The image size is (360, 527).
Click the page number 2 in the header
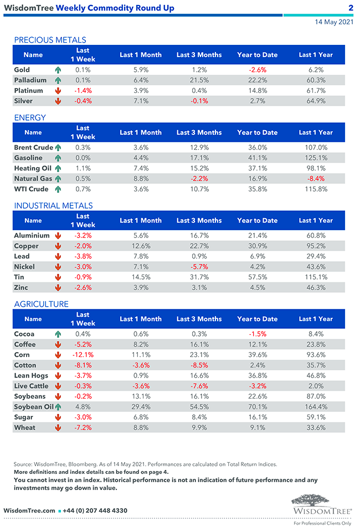tap(351, 8)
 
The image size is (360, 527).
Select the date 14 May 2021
tap(334, 22)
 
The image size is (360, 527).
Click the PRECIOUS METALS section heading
tap(50, 40)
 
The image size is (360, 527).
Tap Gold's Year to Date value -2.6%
tap(257, 70)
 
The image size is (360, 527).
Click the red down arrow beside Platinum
tap(58, 91)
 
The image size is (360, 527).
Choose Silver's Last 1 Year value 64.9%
tap(316, 101)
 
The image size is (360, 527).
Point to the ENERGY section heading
tap(30, 117)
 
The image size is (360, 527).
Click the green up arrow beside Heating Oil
tap(58, 168)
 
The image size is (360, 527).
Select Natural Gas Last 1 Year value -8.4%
tap(316, 179)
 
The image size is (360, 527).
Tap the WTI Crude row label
tap(31, 189)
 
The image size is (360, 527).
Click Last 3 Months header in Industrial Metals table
tap(199, 220)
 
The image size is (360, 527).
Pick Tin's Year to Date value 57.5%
tap(257, 277)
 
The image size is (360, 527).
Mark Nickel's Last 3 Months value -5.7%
tap(199, 267)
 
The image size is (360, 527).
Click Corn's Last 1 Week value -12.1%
tap(83, 355)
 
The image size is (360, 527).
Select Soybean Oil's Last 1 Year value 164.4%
tap(316, 407)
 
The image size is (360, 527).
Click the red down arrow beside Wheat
tap(58, 428)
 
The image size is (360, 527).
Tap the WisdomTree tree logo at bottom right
tap(321, 502)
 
